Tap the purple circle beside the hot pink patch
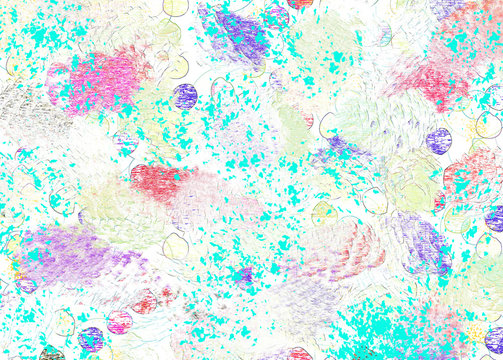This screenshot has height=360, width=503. tap(185, 96)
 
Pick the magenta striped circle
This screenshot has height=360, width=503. tap(120, 322)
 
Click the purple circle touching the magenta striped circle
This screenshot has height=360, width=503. tap(91, 339)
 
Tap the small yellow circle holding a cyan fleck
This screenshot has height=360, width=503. tap(322, 212)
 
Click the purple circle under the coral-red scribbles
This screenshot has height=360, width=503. tap(439, 140)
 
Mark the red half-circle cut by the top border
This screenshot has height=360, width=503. tap(300, 4)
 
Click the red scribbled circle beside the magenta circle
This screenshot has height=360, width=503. tap(146, 301)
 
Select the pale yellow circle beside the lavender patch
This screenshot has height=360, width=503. tap(176, 246)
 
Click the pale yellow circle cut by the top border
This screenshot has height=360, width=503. tap(175, 6)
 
